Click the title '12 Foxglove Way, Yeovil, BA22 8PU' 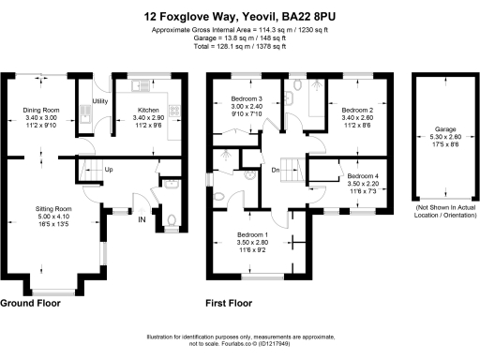pos(239,16)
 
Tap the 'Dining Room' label pos(39,110)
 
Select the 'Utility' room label pos(99,101)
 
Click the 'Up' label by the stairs pos(109,170)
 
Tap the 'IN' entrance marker pos(142,219)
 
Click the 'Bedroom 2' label pos(358,110)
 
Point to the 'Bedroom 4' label pos(363,176)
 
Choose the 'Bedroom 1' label pos(253,233)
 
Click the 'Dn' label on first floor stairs pos(276,170)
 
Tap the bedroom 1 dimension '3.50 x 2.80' pos(253,242)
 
